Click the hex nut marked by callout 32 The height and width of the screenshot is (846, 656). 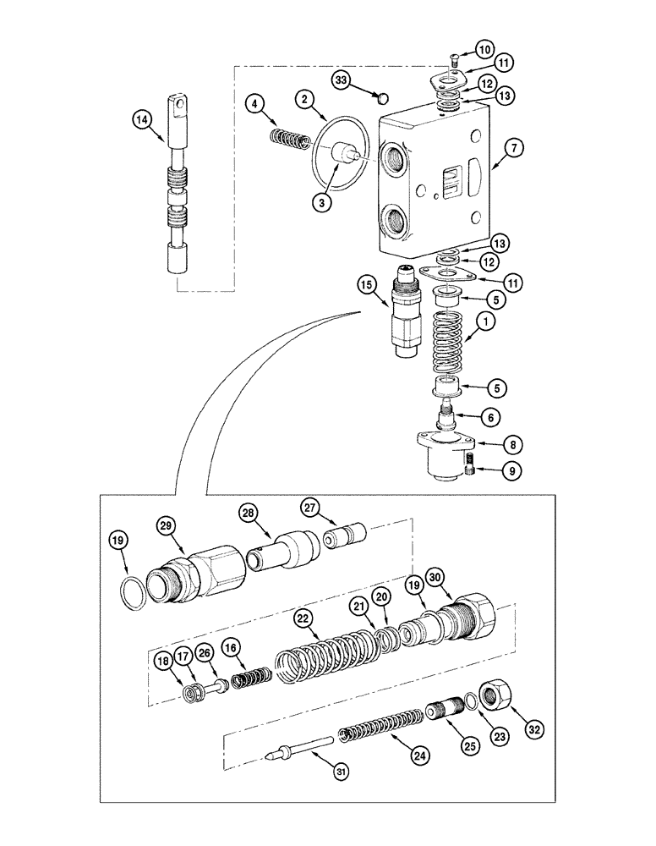click(x=491, y=694)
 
